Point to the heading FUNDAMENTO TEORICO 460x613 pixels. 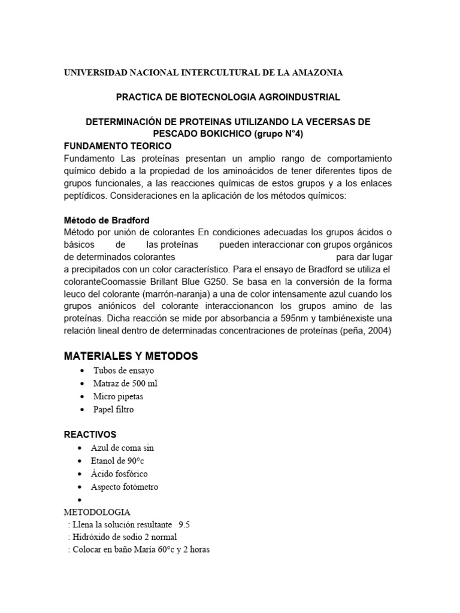click(117, 146)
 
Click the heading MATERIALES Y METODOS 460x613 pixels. click(131, 356)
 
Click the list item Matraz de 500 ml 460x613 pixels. click(125, 384)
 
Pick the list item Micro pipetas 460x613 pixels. click(118, 396)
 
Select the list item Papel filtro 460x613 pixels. click(113, 409)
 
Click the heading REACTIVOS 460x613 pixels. click(90, 434)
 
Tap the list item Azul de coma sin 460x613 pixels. click(122, 448)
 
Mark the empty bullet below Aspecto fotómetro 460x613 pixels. click(80, 500)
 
